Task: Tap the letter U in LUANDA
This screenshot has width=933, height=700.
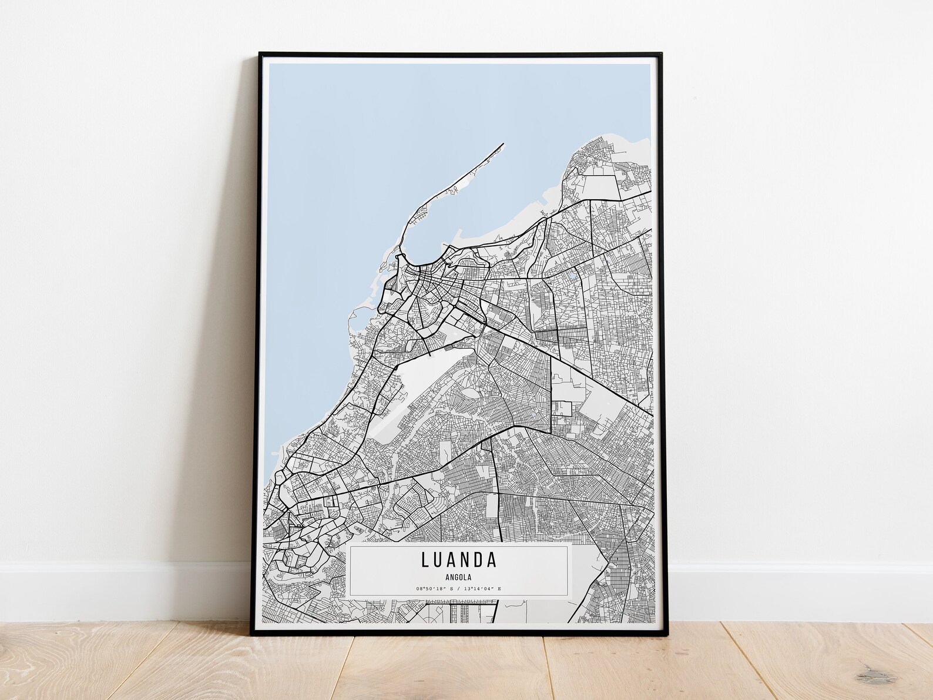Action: click(x=440, y=560)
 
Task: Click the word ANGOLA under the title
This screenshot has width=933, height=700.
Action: click(x=458, y=577)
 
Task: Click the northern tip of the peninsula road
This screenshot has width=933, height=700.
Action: click(x=503, y=143)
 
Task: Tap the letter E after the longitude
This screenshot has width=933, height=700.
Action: click(x=499, y=588)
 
